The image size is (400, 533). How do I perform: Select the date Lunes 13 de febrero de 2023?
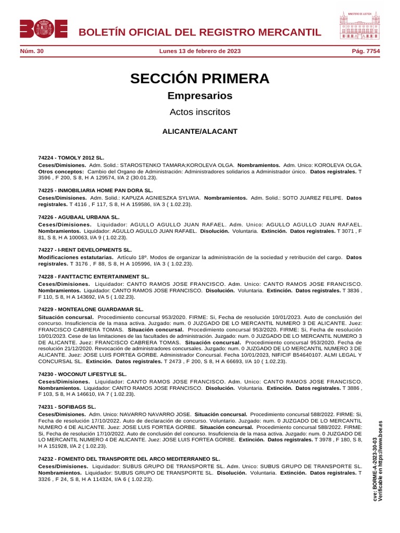pyautogui.click(x=199, y=52)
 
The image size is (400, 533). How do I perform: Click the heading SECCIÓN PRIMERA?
pyautogui.click(x=199, y=79)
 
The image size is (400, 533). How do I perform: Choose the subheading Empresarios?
pyautogui.click(x=199, y=96)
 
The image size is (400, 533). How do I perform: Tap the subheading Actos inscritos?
pyautogui.click(x=199, y=112)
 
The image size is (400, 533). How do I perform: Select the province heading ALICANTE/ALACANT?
pyautogui.click(x=199, y=131)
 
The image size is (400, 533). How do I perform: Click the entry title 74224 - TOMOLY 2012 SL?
pyautogui.click(x=71, y=157)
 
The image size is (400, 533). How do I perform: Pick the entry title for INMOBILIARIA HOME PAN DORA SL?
pyautogui.click(x=95, y=191)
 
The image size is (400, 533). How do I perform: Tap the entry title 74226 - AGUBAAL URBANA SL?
pyautogui.click(x=79, y=217)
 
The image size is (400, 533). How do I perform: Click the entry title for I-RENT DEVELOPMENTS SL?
pyautogui.click(x=85, y=250)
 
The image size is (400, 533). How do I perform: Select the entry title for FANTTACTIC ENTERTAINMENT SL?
pyautogui.click(x=94, y=276)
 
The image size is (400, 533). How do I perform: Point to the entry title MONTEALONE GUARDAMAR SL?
pyautogui.click(x=91, y=309)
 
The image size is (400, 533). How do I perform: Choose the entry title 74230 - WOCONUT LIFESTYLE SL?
pyautogui.click(x=82, y=374)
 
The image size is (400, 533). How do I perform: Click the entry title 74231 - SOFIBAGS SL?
pyautogui.click(x=67, y=407)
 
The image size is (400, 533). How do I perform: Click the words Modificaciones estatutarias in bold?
pyautogui.click(x=76, y=257)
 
